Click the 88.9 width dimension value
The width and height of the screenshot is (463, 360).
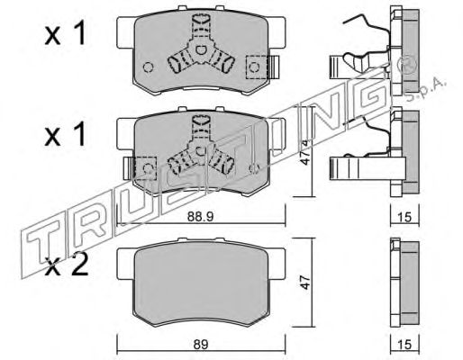[200, 217]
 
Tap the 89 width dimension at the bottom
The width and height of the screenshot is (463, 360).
[201, 345]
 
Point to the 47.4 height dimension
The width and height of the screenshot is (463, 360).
[305, 152]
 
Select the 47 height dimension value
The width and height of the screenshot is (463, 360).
[305, 283]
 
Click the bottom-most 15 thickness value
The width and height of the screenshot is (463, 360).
[405, 345]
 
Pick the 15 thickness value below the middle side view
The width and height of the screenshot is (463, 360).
[405, 217]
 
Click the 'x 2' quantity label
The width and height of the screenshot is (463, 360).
[66, 265]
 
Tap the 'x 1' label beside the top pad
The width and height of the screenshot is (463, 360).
[65, 35]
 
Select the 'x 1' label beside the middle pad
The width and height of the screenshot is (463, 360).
[65, 136]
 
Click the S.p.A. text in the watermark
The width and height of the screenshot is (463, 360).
[426, 89]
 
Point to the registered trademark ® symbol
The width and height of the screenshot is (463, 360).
[407, 65]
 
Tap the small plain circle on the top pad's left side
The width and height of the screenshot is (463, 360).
[148, 67]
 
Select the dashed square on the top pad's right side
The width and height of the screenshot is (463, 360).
[257, 67]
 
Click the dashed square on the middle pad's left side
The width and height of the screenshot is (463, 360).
[146, 168]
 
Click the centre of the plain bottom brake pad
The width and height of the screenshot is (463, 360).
[201, 283]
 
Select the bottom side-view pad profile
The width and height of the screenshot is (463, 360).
[404, 283]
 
